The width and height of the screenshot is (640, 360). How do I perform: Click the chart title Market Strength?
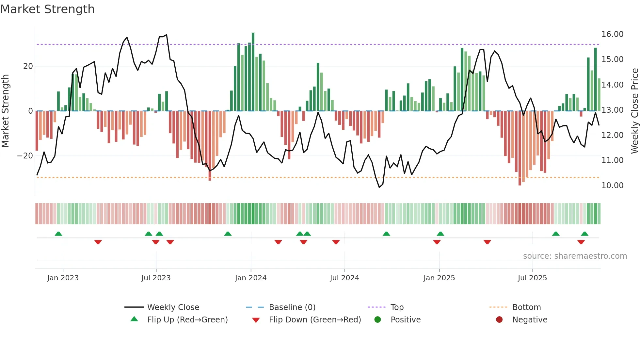click(x=47, y=9)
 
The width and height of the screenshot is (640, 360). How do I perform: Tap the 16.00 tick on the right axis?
click(x=612, y=34)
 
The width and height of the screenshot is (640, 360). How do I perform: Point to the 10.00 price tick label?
click(x=612, y=186)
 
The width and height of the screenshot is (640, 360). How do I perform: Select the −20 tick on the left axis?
click(x=25, y=156)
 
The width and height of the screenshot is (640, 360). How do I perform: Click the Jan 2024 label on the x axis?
click(x=250, y=278)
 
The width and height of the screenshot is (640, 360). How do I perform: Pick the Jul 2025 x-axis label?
click(x=532, y=278)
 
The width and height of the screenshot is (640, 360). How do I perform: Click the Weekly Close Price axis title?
click(x=634, y=111)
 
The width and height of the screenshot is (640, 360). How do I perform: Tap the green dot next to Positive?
click(x=377, y=319)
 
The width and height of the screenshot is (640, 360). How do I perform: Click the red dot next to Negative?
click(x=499, y=319)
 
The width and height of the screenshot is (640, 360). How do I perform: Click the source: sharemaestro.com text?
click(x=575, y=256)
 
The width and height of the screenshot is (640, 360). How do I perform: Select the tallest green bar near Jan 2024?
click(x=253, y=72)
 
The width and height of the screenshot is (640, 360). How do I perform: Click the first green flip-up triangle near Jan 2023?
click(x=58, y=234)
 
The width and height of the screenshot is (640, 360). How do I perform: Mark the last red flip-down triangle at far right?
click(x=581, y=242)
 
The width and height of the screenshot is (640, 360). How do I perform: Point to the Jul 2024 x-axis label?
click(x=344, y=278)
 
